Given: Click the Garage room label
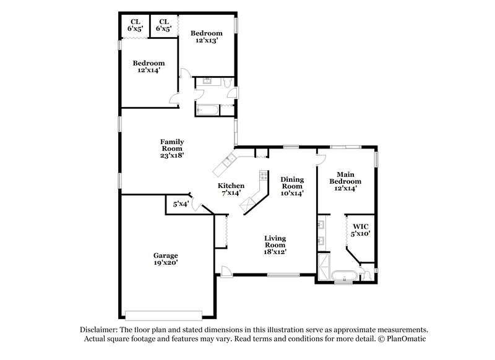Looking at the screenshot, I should (x=166, y=259).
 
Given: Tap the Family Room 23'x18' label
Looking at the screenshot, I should (x=172, y=149).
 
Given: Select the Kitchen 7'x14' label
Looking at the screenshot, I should (x=230, y=189).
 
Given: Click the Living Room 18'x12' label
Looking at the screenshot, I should (x=275, y=245).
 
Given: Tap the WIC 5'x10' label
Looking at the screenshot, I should (x=360, y=230).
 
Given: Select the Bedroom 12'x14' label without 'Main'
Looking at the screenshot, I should (x=149, y=67).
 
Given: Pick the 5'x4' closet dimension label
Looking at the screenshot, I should (x=179, y=204).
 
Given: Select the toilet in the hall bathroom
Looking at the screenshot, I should (x=227, y=82).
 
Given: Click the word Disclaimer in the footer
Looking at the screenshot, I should (x=98, y=330).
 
